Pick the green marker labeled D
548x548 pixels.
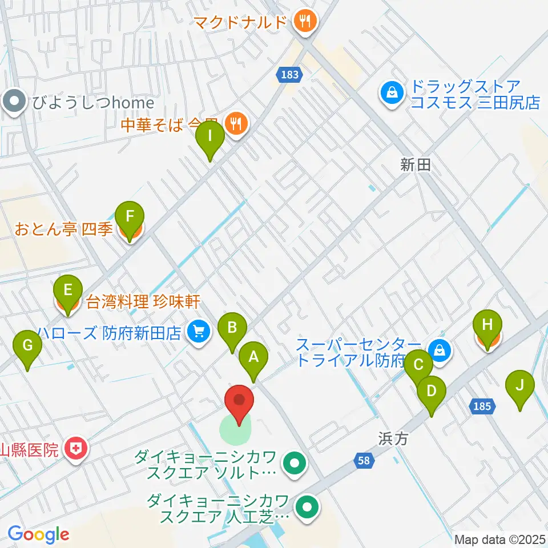pos(432,391)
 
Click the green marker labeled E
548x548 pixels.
pos(68,290)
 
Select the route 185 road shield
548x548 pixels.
pos(482,406)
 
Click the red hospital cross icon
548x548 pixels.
pos(75,450)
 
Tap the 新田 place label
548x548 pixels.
pos(415,165)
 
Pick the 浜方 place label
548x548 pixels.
pos(394,438)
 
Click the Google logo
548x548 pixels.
pos(38,534)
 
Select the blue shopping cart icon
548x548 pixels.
pos(199,331)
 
